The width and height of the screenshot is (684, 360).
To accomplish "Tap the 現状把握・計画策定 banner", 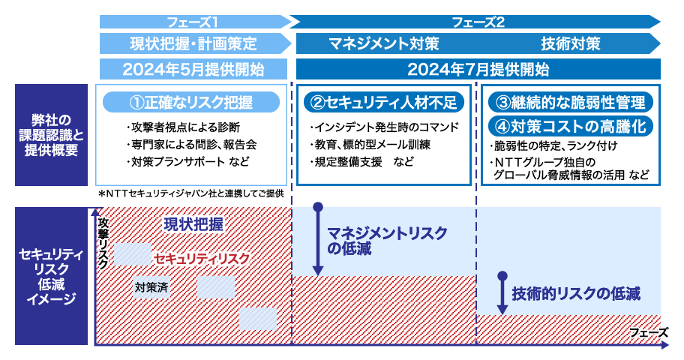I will (193, 43).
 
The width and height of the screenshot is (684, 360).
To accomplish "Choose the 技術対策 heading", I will (571, 43).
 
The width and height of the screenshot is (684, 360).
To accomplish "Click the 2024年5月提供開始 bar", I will (193, 70).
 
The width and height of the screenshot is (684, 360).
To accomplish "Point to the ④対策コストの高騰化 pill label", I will (571, 124).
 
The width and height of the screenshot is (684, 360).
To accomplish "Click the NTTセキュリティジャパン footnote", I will (191, 193).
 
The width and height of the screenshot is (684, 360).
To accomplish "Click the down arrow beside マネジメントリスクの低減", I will (318, 240).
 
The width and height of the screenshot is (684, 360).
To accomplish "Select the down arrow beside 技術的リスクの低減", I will (501, 294).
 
